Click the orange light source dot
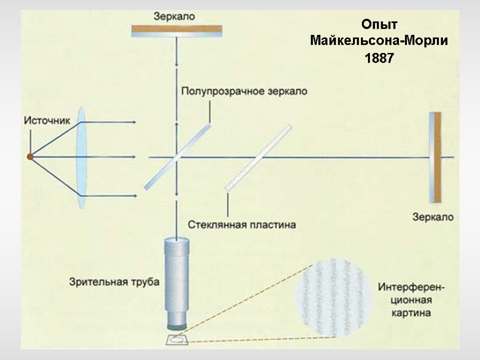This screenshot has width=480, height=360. click(x=30, y=157)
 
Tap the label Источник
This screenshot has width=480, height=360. click(x=47, y=120)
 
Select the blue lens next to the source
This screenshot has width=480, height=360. click(x=82, y=157)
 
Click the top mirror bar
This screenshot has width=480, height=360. click(x=176, y=31)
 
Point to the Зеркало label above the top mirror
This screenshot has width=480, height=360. click(x=174, y=16)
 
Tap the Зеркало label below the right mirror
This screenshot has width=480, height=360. click(x=433, y=217)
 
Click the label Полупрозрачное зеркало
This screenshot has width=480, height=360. click(x=244, y=91)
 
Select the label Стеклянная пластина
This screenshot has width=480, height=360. click(x=242, y=225)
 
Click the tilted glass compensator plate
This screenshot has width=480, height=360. click(x=258, y=157)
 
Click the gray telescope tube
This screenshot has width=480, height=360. click(x=176, y=277)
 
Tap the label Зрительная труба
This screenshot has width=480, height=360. click(x=114, y=282)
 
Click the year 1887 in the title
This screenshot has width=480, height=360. click(x=379, y=59)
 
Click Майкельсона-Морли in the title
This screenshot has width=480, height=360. click(x=379, y=41)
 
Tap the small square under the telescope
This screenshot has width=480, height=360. click(x=177, y=339)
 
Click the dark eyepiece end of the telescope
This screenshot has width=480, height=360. click(x=176, y=323)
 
